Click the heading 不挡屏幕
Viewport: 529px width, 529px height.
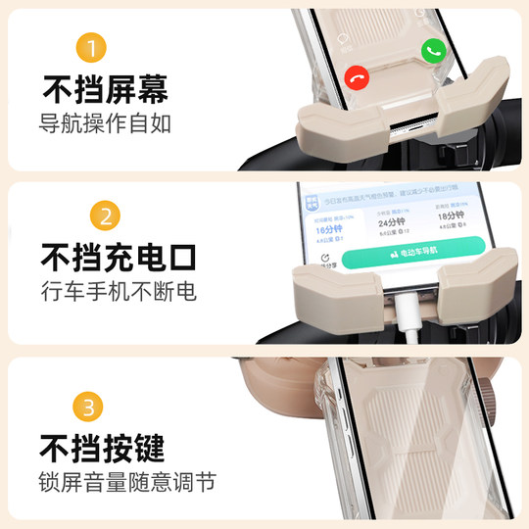pyautogui.click(x=104, y=90)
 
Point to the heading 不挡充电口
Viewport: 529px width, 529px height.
pyautogui.click(x=118, y=259)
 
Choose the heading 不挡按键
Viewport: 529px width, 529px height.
pyautogui.click(x=104, y=448)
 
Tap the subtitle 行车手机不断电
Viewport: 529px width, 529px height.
pyautogui.click(x=118, y=292)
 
